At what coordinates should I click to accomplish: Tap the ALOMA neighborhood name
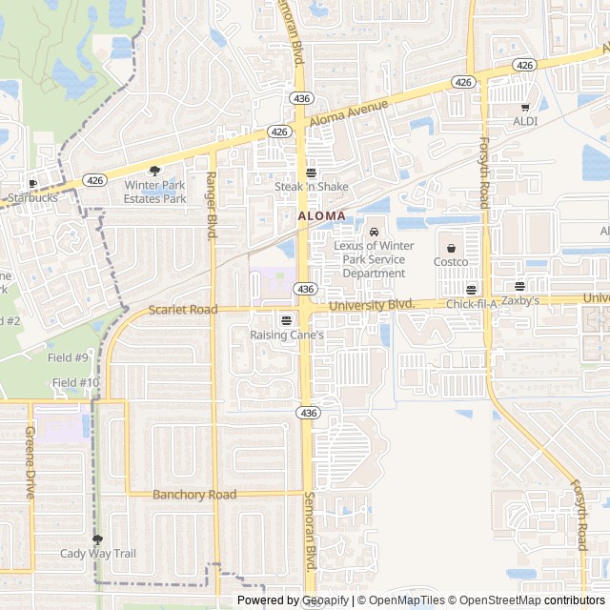click(322, 216)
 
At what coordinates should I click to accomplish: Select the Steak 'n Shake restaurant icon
click(312, 173)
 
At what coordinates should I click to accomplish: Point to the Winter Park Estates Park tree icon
click(155, 171)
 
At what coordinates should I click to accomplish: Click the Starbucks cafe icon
click(32, 184)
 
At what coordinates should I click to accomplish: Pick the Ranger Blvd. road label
click(213, 205)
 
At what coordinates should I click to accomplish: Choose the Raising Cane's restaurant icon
click(287, 320)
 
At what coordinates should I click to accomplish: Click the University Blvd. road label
click(372, 305)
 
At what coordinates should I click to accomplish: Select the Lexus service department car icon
click(374, 232)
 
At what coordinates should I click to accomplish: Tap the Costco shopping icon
click(451, 248)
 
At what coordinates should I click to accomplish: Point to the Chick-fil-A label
click(472, 303)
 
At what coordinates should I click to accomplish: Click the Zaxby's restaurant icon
click(519, 286)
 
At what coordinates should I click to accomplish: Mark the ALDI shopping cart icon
click(525, 108)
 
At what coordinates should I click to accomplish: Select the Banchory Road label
click(194, 495)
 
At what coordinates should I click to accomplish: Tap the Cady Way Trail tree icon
click(97, 539)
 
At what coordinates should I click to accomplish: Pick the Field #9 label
click(69, 357)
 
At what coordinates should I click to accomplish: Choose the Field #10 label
click(75, 382)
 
